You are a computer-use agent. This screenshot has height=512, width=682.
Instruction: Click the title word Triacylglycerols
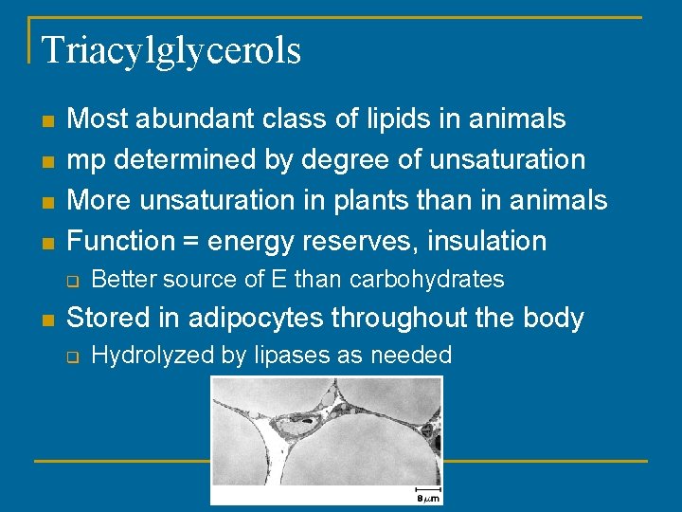click(171, 50)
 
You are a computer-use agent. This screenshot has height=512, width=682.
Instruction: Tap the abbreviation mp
click(86, 159)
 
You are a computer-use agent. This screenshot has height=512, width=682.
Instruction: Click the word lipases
click(288, 356)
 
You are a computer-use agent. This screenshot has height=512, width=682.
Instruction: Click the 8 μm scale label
click(427, 497)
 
